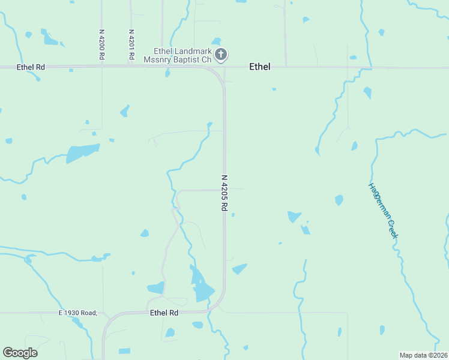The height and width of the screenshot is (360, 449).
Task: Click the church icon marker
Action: pyautogui.click(x=221, y=55)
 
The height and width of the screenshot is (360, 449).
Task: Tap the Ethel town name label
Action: pyautogui.click(x=259, y=67)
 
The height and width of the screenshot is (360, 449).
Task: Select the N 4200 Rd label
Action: pyautogui.click(x=102, y=44)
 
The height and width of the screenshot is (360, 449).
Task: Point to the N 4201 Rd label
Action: pyautogui.click(x=131, y=44)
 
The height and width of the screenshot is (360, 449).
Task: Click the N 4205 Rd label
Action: pyautogui.click(x=224, y=192)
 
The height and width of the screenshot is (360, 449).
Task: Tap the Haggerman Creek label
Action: pyautogui.click(x=383, y=210)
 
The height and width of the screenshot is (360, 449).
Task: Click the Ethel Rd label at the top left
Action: pyautogui.click(x=31, y=67)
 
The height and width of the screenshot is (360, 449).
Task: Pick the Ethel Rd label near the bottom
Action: pyautogui.click(x=164, y=313)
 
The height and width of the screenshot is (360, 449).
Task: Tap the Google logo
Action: pyautogui.click(x=20, y=352)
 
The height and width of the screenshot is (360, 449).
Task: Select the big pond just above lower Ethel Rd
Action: pyautogui.click(x=202, y=290)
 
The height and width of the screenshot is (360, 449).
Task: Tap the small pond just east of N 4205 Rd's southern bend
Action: pyautogui.click(x=240, y=269)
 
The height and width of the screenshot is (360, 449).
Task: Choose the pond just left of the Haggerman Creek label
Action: pyautogui.click(x=339, y=200)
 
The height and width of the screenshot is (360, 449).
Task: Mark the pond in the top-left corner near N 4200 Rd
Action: pyautogui.click(x=50, y=40)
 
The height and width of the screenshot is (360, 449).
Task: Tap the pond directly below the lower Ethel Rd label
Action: pyautogui.click(x=170, y=332)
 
